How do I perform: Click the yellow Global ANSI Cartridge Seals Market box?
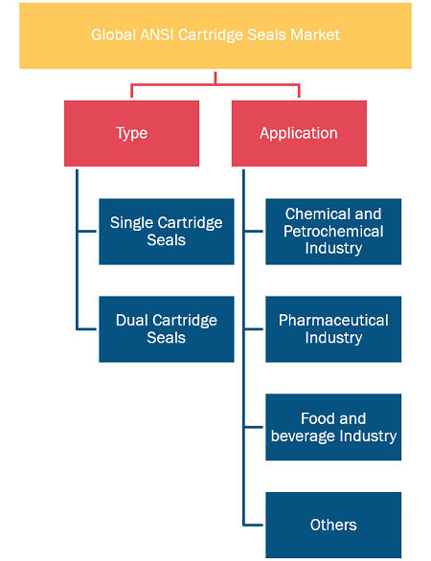[x=215, y=35]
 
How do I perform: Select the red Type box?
[x=132, y=133]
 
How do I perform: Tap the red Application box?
[x=299, y=133]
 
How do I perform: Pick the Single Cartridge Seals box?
[x=167, y=232]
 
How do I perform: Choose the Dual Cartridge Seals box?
[x=167, y=329]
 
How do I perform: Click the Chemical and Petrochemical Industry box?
[x=333, y=232]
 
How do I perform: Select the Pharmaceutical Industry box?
[x=333, y=329]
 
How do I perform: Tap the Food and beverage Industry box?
[x=333, y=427]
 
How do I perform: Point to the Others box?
[x=333, y=525]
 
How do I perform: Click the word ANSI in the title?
[x=157, y=35]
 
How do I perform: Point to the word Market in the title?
[x=315, y=35]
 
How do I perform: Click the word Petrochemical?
[x=333, y=232]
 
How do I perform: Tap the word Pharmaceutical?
[x=333, y=320]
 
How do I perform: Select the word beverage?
[x=303, y=437]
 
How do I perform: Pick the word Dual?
[x=131, y=320]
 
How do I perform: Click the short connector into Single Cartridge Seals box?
[x=87, y=232]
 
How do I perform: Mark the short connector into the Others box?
[x=253, y=525]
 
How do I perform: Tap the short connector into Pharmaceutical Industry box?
[x=253, y=329]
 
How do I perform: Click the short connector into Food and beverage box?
[x=253, y=427]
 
